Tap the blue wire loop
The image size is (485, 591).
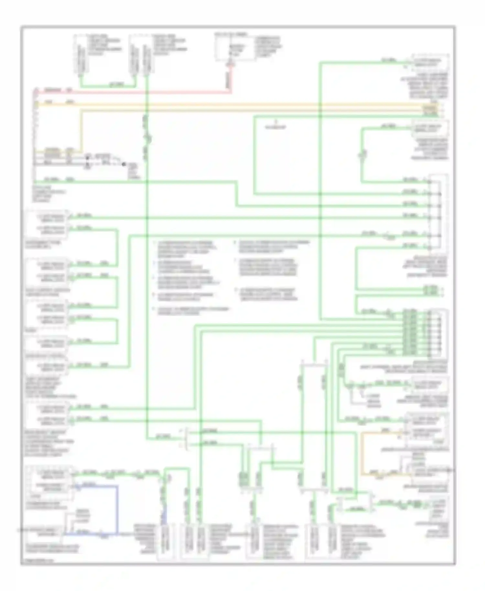[x=117, y=504]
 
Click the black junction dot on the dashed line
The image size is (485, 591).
[x=124, y=164]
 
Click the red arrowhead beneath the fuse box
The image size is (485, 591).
[x=230, y=64]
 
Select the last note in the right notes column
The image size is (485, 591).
[x=268, y=294]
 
